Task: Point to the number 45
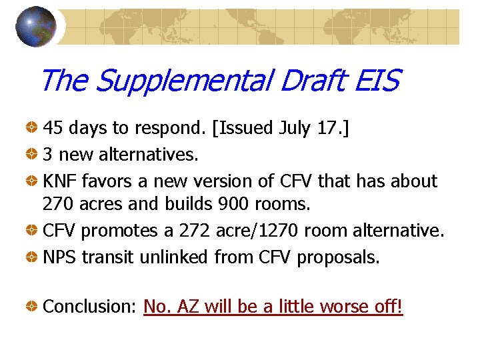[x=53, y=127]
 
